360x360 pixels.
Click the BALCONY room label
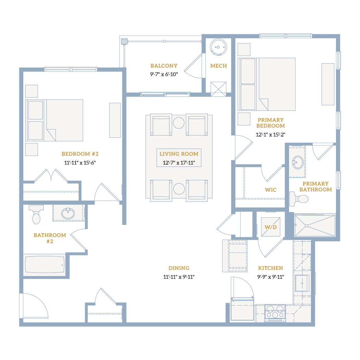(x=164, y=66)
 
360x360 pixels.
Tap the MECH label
(x=219, y=66)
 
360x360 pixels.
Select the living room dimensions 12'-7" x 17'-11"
(x=179, y=163)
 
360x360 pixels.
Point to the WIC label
(x=271, y=190)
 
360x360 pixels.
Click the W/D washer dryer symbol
(x=271, y=227)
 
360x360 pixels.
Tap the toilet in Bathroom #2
(x=36, y=214)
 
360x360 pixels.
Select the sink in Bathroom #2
(x=68, y=213)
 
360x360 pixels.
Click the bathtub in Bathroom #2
(x=45, y=264)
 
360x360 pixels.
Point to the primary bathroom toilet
(x=299, y=199)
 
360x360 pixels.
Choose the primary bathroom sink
(x=298, y=162)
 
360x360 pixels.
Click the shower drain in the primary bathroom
(x=306, y=226)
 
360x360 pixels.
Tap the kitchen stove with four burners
(x=275, y=312)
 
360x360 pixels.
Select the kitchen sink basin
(x=302, y=283)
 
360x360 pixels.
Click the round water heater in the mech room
(x=218, y=47)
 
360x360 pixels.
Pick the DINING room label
(x=179, y=268)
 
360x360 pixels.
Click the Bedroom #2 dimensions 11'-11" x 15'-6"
(x=80, y=163)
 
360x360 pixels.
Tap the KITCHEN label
(x=271, y=268)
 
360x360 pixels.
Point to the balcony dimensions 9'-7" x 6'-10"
(x=164, y=74)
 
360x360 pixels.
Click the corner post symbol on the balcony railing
(x=124, y=41)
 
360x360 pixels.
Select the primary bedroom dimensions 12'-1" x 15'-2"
(x=271, y=135)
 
